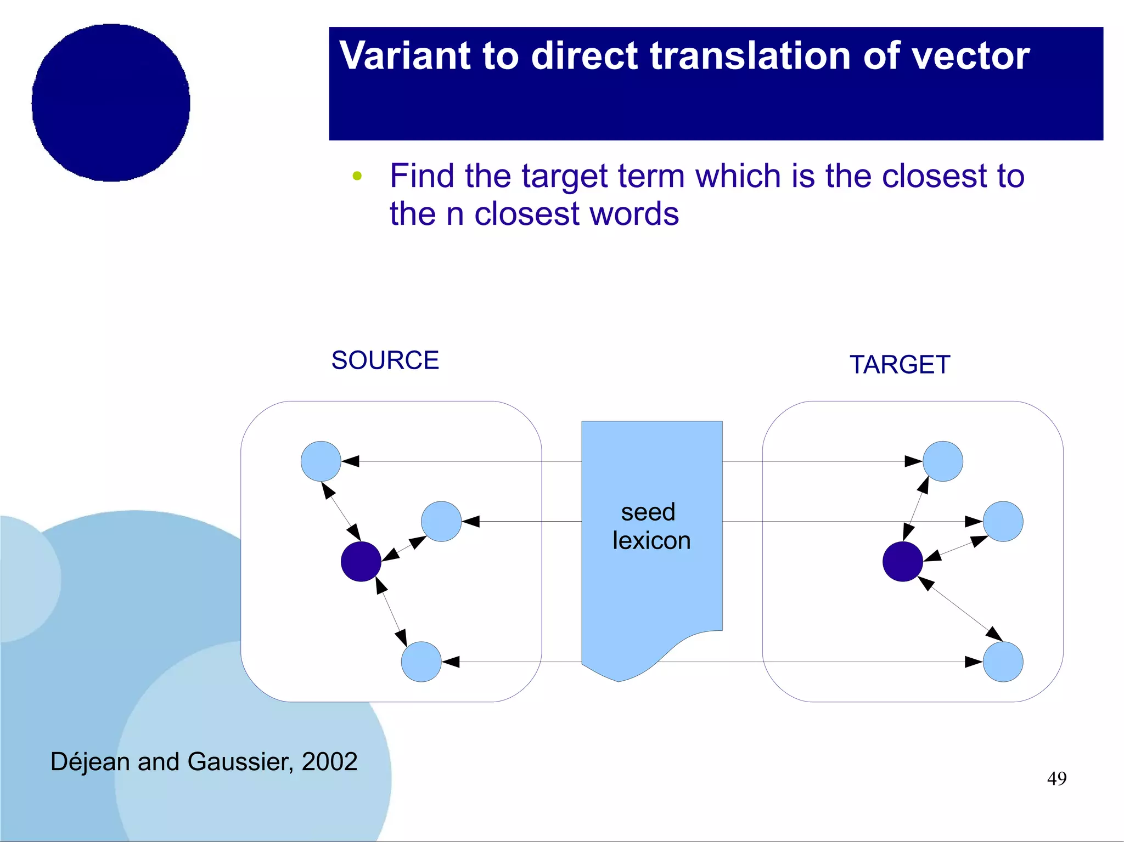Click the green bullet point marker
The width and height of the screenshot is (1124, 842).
click(357, 176)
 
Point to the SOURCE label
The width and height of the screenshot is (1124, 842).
click(385, 361)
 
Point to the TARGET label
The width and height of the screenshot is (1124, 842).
click(900, 365)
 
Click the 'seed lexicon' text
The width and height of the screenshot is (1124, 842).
click(651, 527)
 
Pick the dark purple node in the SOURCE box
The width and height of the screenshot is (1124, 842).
click(361, 562)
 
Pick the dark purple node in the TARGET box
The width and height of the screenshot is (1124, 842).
click(902, 562)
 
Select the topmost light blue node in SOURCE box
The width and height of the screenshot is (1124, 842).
click(321, 461)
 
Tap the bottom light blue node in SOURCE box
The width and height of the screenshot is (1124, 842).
click(421, 662)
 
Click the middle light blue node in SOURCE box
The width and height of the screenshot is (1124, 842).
click(441, 522)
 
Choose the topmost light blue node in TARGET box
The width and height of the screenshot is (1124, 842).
click(942, 461)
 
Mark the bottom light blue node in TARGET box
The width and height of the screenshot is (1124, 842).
click(1003, 662)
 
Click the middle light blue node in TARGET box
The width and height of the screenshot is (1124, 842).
click(1003, 522)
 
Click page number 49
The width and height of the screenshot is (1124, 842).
click(1056, 778)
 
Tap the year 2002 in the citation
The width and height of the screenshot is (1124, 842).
click(329, 762)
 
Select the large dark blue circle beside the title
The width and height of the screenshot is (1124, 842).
click(111, 103)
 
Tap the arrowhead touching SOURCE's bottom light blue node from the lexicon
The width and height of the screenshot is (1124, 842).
click(451, 662)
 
